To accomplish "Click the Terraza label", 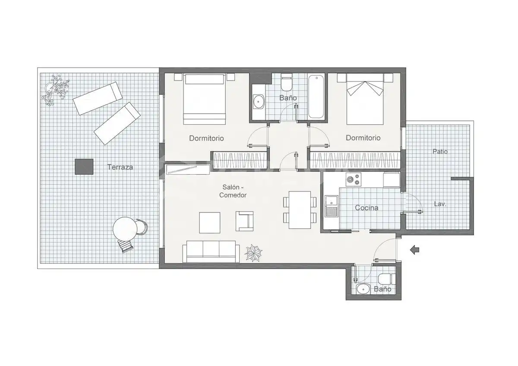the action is [120, 167].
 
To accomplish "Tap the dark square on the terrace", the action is [84, 166].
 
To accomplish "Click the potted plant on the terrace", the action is [55, 90].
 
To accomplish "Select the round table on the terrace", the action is [125, 229].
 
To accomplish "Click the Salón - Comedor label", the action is [233, 191].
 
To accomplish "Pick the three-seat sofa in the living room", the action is [211, 251].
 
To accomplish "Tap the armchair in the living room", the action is [244, 221].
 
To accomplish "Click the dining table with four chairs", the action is [300, 210].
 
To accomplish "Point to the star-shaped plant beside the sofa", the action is [253, 253].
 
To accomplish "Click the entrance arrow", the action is [415, 250].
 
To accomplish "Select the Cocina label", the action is [366, 208].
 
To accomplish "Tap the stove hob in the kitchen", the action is [354, 179].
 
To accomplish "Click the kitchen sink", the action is [332, 206].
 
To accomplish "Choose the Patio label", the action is [440, 151].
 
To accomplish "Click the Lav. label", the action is [440, 204].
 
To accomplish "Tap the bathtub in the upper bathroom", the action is [316, 96].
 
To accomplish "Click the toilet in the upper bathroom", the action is [286, 82].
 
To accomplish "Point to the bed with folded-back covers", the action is [365, 99].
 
